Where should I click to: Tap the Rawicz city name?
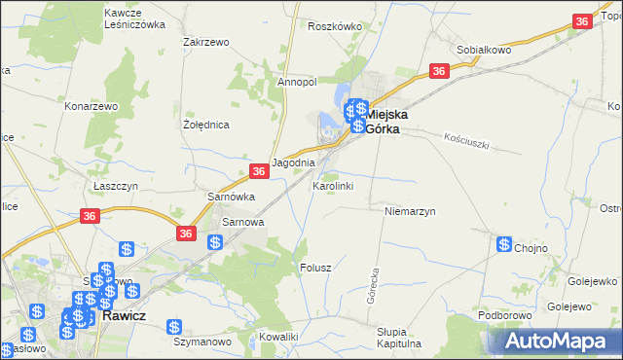(x=124, y=315)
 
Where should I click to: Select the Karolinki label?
(x=333, y=185)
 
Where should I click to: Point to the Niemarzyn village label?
(x=409, y=210)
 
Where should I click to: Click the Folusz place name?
(x=316, y=267)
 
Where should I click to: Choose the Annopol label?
(x=297, y=83)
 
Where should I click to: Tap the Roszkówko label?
(x=334, y=27)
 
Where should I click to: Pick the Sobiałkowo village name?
(x=485, y=49)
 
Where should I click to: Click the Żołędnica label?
(x=206, y=126)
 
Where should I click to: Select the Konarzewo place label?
(x=91, y=105)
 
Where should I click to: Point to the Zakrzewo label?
(x=205, y=43)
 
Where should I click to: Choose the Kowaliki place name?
(x=278, y=337)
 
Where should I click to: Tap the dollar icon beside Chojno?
(x=504, y=245)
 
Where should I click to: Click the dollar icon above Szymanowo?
(x=174, y=329)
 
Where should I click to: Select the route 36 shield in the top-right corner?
(x=582, y=21)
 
